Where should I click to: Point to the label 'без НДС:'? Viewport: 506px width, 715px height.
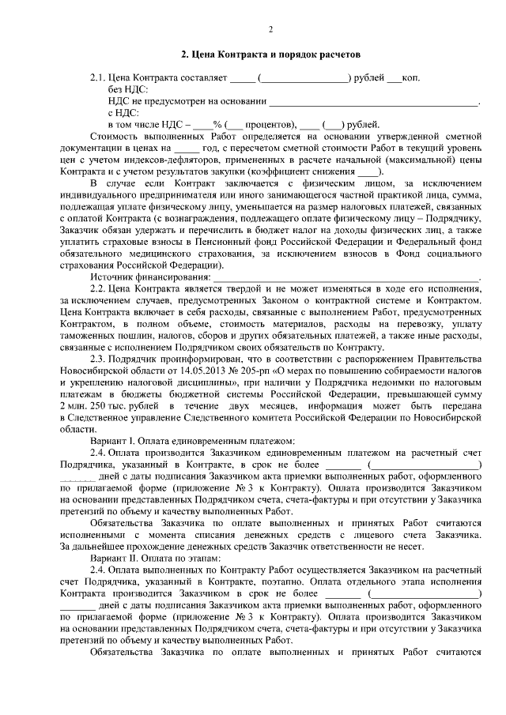[128, 90]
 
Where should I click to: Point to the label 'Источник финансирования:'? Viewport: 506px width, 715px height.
[149, 278]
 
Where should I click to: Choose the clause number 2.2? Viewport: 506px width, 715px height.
[98, 290]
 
